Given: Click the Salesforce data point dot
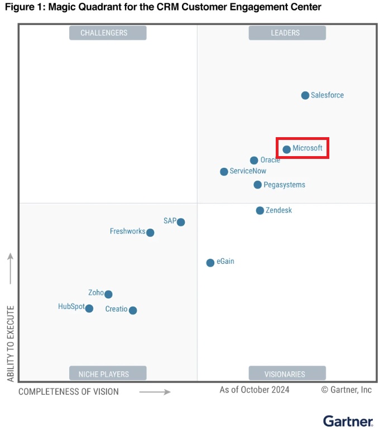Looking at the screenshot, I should pos(305,95).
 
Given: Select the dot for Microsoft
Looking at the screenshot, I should pos(286,149).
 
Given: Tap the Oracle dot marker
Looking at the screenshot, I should pos(254,161).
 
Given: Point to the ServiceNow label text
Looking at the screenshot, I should pos(248,171).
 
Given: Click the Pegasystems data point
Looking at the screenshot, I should pos(257,185).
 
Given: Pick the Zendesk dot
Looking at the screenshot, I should pos(260,210).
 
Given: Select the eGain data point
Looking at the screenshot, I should pos(210,263).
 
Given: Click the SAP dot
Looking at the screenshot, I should pos(181,222).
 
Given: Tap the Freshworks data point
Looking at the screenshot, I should pos(150,233).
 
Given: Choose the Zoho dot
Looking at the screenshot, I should pos(108,294).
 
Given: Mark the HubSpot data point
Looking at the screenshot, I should pos(89,308).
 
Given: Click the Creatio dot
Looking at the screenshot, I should pos(133,311).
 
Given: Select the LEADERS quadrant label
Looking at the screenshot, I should pos(286,33).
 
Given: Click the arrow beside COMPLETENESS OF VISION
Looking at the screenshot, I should pos(155,392).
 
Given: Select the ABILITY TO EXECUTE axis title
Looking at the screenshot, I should pos(11,343).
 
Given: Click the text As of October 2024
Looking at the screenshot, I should pos(255,390).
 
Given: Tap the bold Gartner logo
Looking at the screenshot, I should pos(347,421).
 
